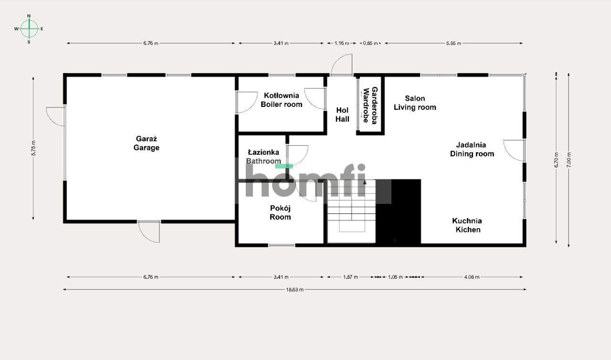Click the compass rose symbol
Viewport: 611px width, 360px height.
(x=29, y=29)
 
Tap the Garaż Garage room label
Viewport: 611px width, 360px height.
(x=147, y=143)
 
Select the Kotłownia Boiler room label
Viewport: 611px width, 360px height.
(x=281, y=100)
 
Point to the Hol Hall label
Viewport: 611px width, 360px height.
(x=342, y=115)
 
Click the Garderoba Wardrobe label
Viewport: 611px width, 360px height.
(x=370, y=106)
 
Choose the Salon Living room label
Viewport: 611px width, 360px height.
(x=415, y=103)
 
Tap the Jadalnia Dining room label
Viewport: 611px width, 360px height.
(x=472, y=149)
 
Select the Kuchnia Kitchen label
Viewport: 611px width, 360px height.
(x=467, y=225)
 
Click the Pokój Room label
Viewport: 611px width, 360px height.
(x=280, y=212)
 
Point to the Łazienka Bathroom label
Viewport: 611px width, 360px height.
(x=263, y=157)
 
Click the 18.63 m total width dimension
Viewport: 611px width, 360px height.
(x=295, y=289)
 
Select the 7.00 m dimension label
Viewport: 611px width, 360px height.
(x=568, y=159)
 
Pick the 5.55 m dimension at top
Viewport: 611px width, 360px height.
(x=453, y=43)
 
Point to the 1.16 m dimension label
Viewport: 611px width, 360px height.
(x=342, y=43)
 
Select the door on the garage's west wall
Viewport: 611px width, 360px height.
(x=56, y=116)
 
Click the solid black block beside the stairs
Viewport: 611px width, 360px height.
(x=398, y=212)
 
